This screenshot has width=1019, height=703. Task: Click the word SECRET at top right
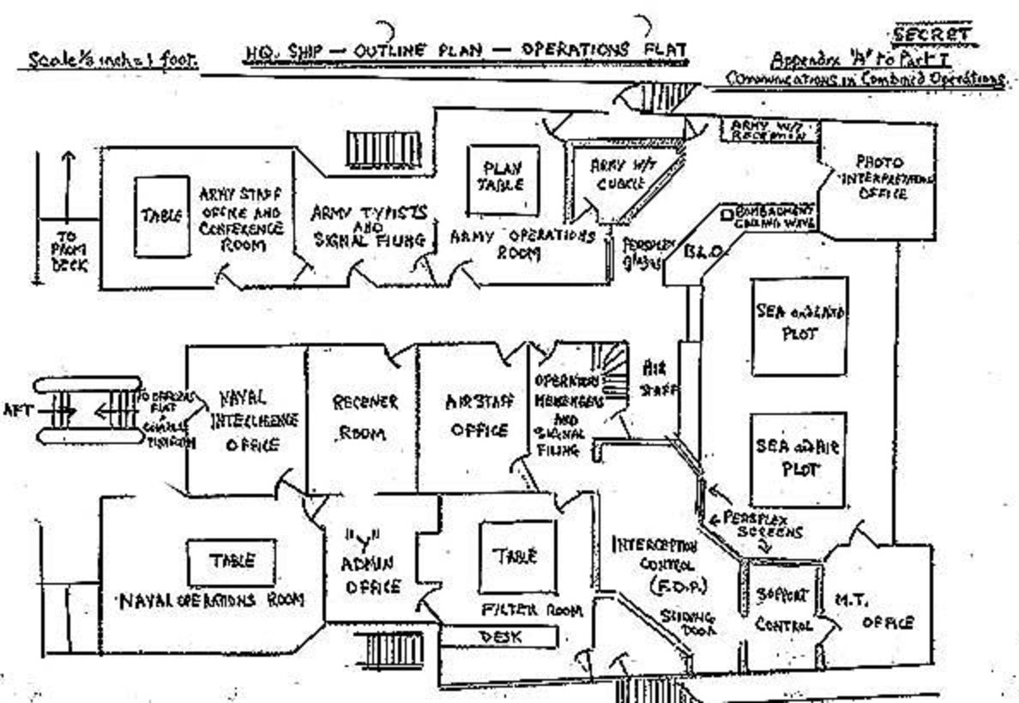pyautogui.click(x=932, y=36)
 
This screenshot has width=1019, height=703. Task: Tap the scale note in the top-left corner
pyautogui.click(x=112, y=60)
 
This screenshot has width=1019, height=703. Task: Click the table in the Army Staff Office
pyautogui.click(x=161, y=216)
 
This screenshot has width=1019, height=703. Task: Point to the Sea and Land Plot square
pyautogui.click(x=799, y=324)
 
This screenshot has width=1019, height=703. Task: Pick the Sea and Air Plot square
pyautogui.click(x=798, y=460)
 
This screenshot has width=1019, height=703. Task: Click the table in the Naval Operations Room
pyautogui.click(x=232, y=562)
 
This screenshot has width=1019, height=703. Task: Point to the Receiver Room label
pyautogui.click(x=365, y=417)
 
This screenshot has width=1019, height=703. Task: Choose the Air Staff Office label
pyautogui.click(x=479, y=417)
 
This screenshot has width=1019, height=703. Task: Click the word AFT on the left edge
pyautogui.click(x=18, y=411)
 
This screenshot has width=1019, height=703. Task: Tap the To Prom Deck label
pyautogui.click(x=68, y=250)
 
